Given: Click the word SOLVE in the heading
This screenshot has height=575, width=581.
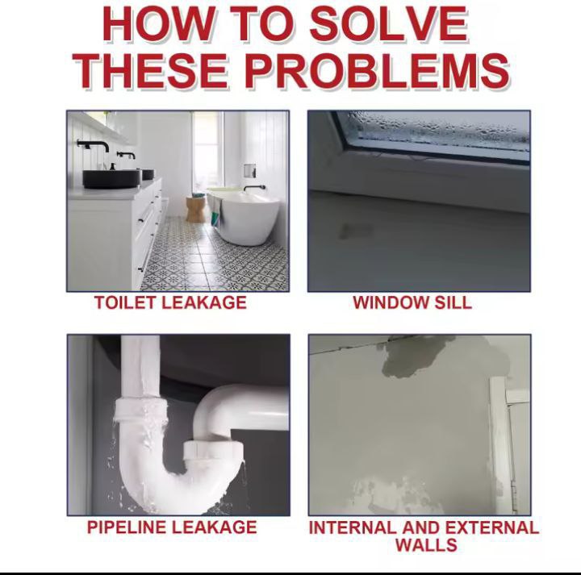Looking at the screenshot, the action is (389, 24).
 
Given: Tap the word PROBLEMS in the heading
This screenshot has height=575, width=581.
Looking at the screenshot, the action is (377, 70).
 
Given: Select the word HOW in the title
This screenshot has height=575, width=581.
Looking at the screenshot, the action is (158, 24).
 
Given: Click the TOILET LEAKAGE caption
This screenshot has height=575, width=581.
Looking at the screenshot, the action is (170, 302).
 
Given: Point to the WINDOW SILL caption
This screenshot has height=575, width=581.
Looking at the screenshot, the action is (412, 302).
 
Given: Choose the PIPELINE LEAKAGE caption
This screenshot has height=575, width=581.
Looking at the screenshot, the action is (172, 527).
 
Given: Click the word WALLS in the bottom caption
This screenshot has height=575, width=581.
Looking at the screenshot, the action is (426, 545).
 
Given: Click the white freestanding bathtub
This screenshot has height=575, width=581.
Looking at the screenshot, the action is (244, 216).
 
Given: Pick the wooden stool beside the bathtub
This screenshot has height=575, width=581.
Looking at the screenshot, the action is (195, 210).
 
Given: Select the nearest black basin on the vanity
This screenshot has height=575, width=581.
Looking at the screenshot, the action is (111, 179).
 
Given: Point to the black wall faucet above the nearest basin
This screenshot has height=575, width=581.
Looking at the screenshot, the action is (94, 145).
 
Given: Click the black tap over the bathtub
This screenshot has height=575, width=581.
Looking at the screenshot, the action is (254, 188).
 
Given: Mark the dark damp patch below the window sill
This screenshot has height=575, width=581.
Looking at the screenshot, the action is (355, 231).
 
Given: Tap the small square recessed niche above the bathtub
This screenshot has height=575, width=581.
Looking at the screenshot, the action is (249, 170).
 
